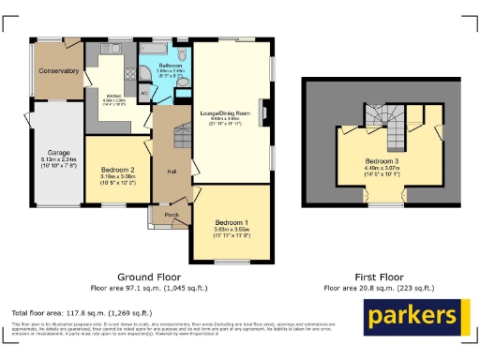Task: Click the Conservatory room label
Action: point(58,72)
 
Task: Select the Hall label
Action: point(172,172)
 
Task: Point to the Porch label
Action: point(172,215)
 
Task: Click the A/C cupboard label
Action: point(143,94)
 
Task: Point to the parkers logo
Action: point(412,317)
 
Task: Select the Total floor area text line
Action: point(70,311)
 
